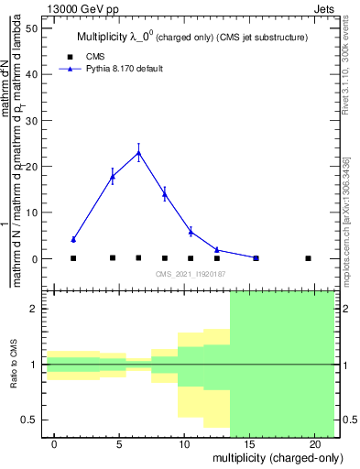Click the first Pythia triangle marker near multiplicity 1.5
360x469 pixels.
(x=73, y=239)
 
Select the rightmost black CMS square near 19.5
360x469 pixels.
(x=308, y=258)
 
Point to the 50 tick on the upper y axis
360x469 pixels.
(x=36, y=28)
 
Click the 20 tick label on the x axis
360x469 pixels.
(x=314, y=443)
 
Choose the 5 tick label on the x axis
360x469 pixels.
(x=119, y=443)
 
